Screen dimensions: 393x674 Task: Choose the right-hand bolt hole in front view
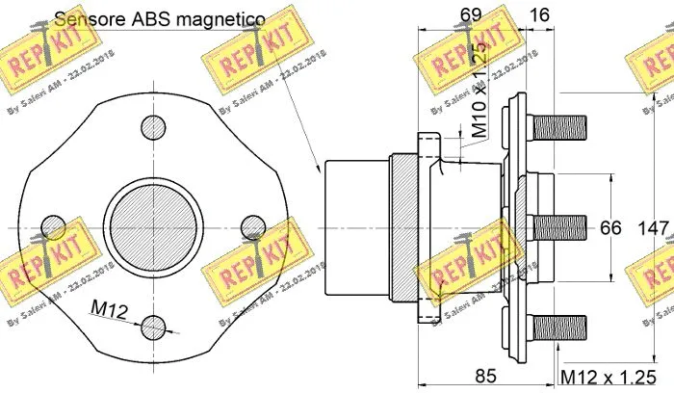pos(251,224)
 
